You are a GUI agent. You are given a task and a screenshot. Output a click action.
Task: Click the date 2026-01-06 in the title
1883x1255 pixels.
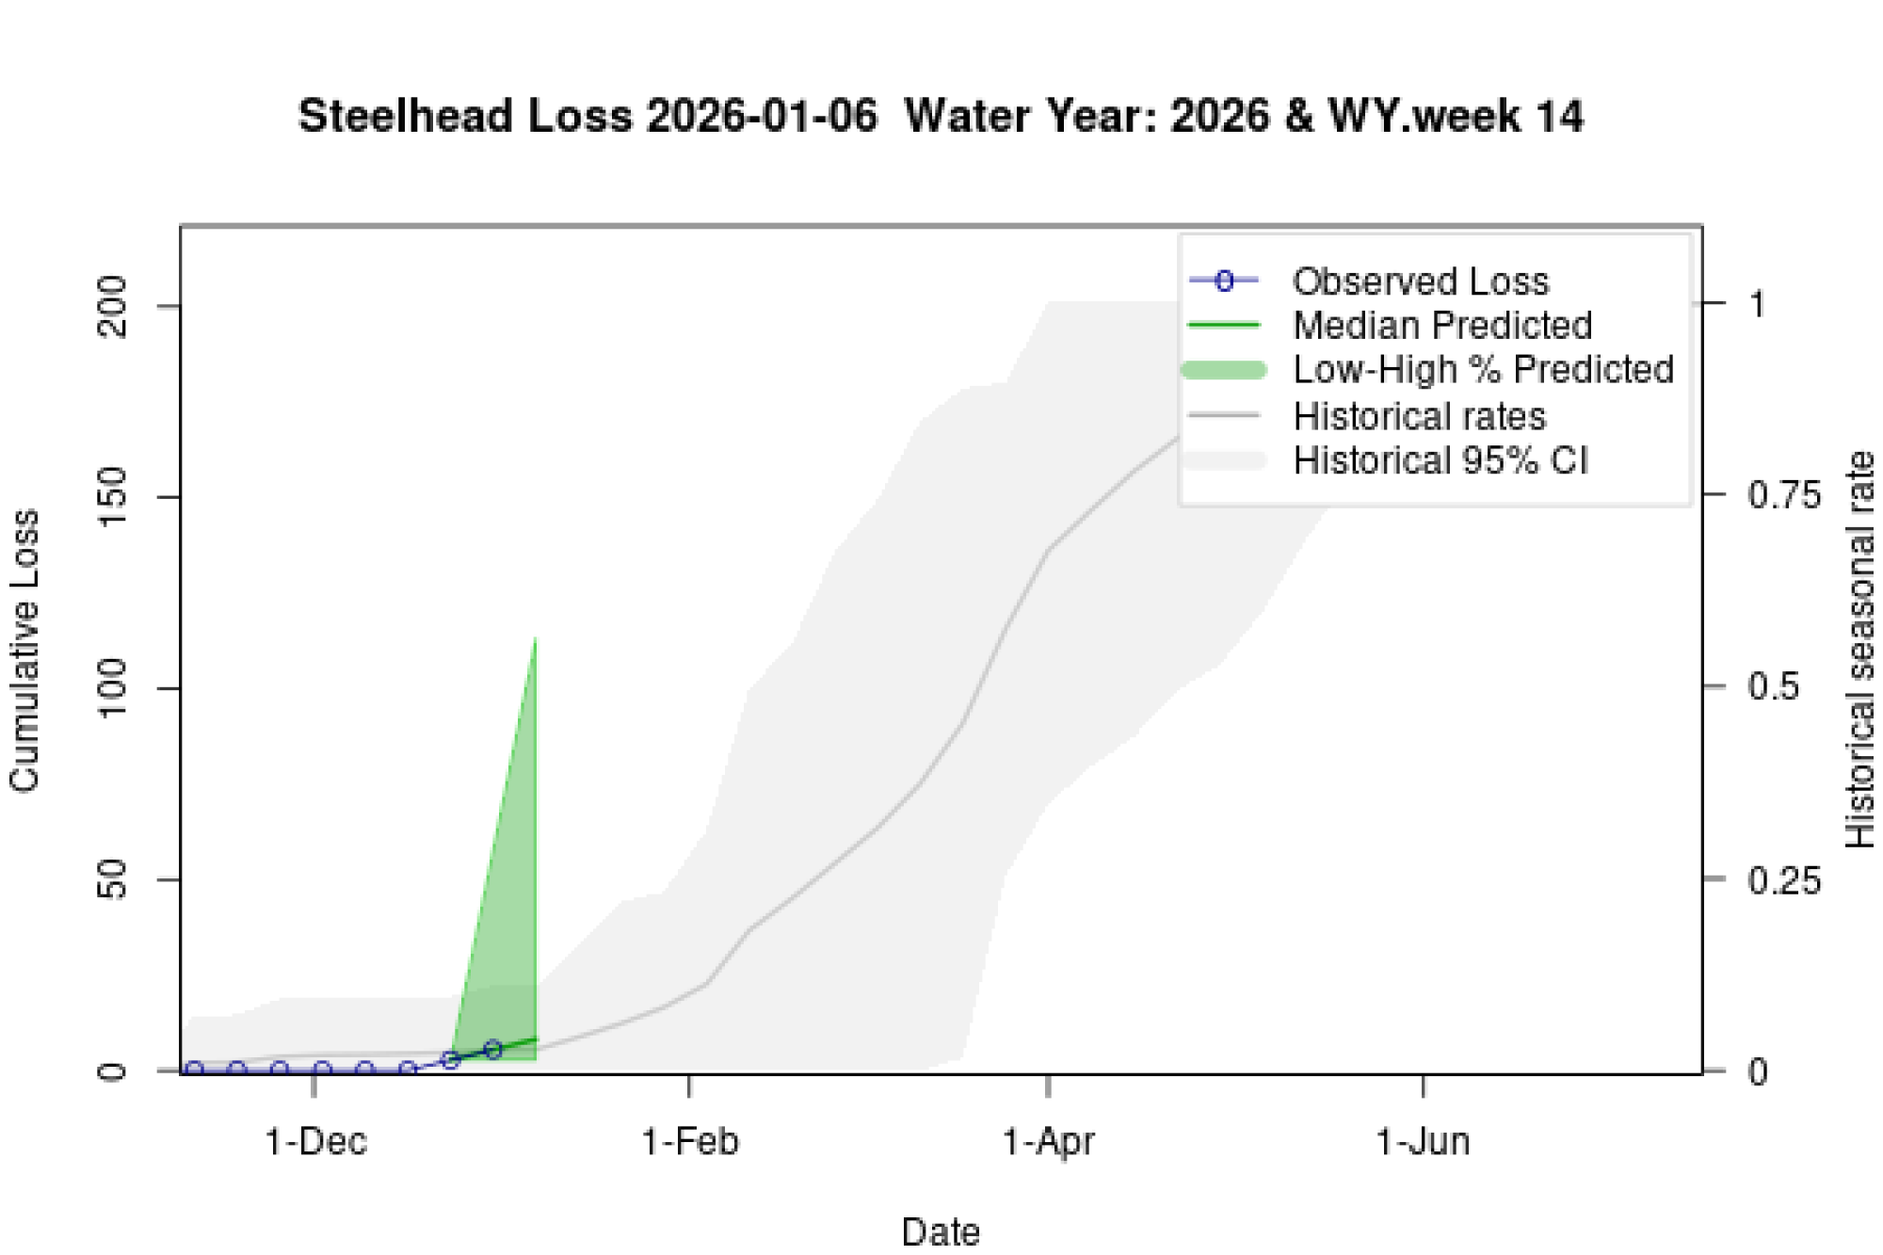click(762, 117)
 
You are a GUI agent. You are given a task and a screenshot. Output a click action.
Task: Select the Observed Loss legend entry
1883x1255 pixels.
click(1420, 282)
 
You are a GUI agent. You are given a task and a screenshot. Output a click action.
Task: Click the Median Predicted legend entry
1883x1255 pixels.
click(1441, 326)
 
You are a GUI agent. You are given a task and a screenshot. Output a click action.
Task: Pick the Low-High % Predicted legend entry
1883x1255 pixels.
click(1483, 369)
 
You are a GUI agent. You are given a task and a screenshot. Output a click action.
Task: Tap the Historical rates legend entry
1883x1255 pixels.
click(1419, 416)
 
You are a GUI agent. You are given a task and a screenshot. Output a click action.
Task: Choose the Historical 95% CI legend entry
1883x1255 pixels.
click(1440, 460)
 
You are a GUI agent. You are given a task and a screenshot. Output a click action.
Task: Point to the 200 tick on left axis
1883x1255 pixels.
click(113, 307)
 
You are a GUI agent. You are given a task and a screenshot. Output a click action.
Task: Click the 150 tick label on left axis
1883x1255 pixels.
click(113, 497)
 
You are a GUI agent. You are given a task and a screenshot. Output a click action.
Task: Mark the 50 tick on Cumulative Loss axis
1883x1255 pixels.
click(113, 880)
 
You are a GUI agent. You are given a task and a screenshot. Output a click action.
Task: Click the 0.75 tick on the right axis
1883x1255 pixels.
click(1783, 495)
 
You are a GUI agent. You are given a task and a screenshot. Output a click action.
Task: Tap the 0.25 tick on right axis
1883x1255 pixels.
click(1783, 881)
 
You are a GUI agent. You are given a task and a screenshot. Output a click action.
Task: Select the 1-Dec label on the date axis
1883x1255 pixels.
click(315, 1142)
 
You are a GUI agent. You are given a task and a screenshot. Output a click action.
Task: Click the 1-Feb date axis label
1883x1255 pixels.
click(690, 1142)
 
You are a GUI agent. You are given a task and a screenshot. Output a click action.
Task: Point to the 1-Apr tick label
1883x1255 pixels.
click(1048, 1142)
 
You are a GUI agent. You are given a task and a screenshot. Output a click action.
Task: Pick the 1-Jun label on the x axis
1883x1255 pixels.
click(1423, 1142)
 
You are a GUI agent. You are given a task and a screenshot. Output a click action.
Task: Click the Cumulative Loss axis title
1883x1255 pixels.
click(24, 650)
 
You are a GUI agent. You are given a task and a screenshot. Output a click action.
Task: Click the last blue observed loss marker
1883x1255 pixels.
click(493, 1049)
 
